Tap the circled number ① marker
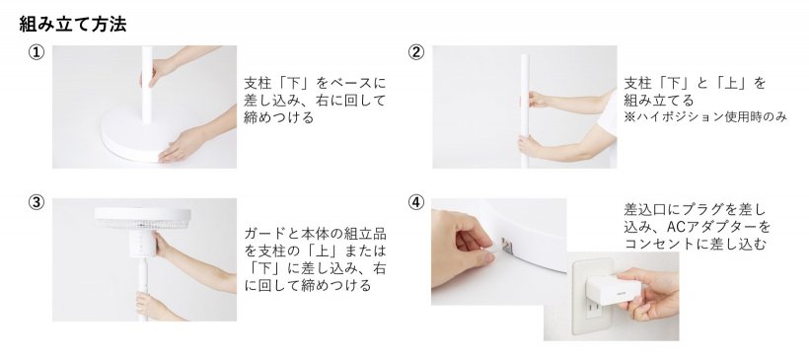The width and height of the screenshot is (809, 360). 37,53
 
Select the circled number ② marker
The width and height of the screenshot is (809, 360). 416,53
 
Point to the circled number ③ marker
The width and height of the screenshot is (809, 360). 37,203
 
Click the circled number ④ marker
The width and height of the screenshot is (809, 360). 416,203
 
